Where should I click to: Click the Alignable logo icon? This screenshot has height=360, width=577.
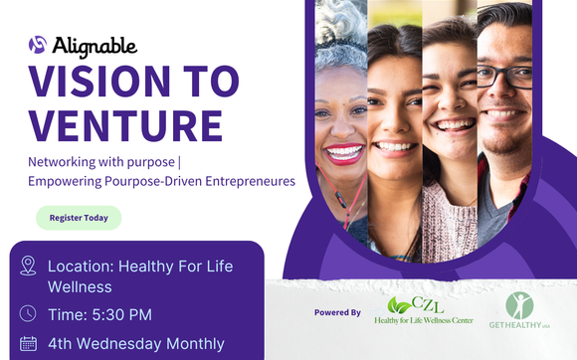point(38,45)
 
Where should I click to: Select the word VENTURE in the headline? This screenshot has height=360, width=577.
point(124,126)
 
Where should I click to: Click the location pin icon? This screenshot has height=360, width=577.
point(28,266)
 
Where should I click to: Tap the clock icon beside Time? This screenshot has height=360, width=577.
point(28,314)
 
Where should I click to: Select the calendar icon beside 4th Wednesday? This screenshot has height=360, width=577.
point(28,344)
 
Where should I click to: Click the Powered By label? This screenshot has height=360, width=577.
point(337,312)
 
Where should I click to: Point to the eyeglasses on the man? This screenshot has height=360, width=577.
point(504,76)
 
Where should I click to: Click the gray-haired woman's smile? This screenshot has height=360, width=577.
point(344,153)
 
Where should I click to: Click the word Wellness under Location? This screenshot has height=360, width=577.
point(80,287)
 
